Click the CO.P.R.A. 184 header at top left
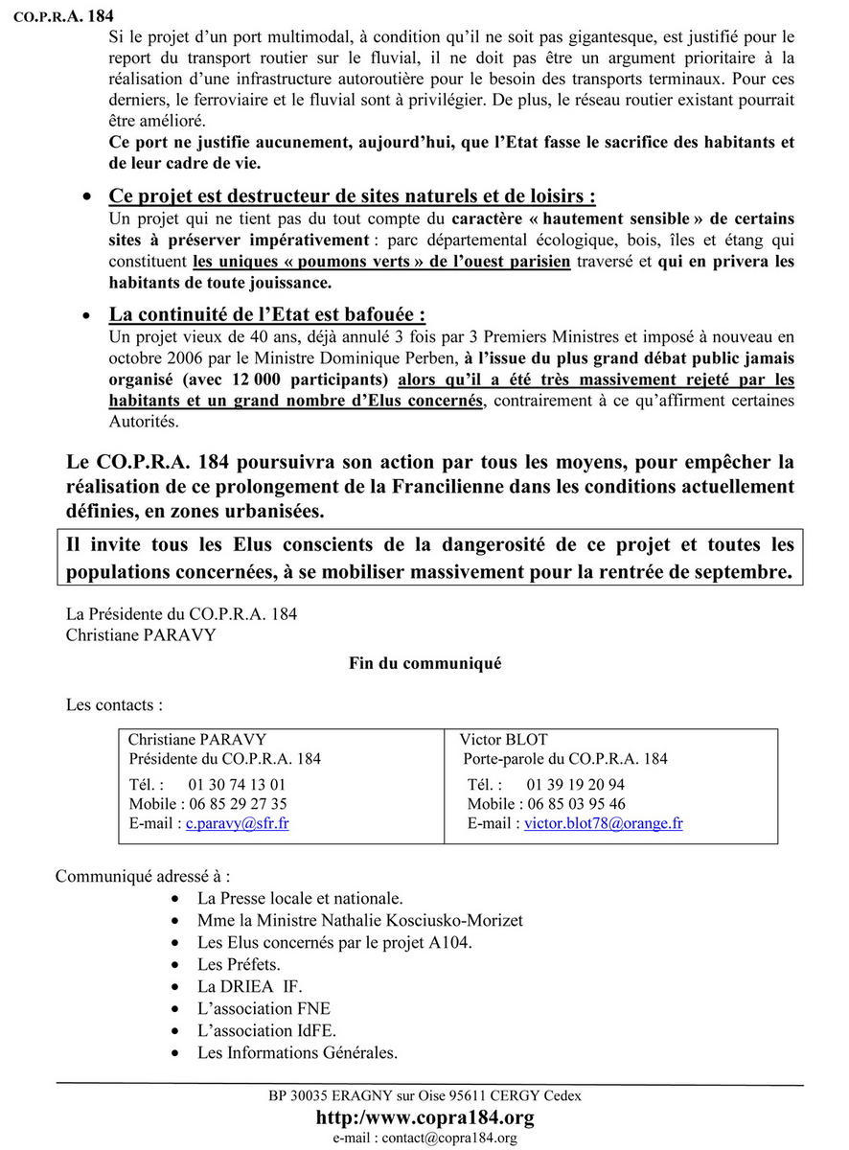pyautogui.click(x=56, y=14)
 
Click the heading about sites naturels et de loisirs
pyautogui.click(x=352, y=195)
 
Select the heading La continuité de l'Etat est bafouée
pyautogui.click(x=267, y=314)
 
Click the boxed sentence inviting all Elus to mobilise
pyautogui.click(x=430, y=558)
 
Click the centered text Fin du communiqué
pyautogui.click(x=424, y=663)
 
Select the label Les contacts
pyautogui.click(x=114, y=704)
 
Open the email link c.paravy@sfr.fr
pyautogui.click(x=237, y=823)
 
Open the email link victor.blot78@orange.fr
pyautogui.click(x=603, y=823)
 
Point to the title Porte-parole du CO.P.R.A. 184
pyautogui.click(x=565, y=759)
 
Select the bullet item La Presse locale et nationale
pyautogui.click(x=299, y=898)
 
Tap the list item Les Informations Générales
pyautogui.click(x=297, y=1052)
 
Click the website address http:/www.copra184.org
pyautogui.click(x=424, y=1117)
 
